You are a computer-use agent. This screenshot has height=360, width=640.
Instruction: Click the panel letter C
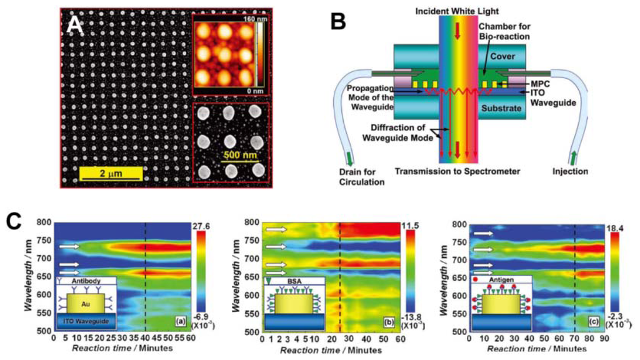point(16,221)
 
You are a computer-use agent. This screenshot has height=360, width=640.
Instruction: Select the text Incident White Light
point(457,9)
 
